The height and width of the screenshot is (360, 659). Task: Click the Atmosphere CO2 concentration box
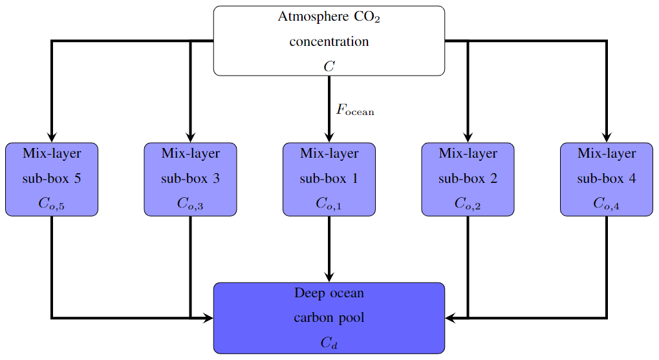pos(329,41)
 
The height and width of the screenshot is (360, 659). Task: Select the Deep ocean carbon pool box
pos(329,317)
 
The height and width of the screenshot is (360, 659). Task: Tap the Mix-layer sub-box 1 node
pos(329,179)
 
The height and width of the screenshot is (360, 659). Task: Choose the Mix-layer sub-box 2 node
pos(468,179)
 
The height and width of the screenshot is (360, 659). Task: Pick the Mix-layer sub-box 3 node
pos(190,179)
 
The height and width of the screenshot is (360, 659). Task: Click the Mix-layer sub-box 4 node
pos(606,179)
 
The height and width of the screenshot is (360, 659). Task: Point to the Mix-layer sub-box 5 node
pos(52,179)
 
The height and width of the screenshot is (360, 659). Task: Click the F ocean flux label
pos(354,111)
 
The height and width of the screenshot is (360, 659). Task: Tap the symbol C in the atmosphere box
pos(329,66)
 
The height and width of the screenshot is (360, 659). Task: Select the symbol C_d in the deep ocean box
pos(329,343)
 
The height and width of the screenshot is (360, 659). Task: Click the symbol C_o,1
pos(329,204)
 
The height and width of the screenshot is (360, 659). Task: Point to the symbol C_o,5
pos(52,204)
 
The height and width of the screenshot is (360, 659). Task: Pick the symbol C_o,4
pos(606,204)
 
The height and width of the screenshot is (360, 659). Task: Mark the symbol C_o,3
pos(190,204)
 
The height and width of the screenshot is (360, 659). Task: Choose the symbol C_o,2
pos(468,204)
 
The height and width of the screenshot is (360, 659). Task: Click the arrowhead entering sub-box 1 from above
pos(329,137)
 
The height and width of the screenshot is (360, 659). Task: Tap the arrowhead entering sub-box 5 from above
pos(52,137)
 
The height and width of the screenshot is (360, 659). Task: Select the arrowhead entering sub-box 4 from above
pos(606,137)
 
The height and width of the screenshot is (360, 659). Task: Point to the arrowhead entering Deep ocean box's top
pos(329,277)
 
